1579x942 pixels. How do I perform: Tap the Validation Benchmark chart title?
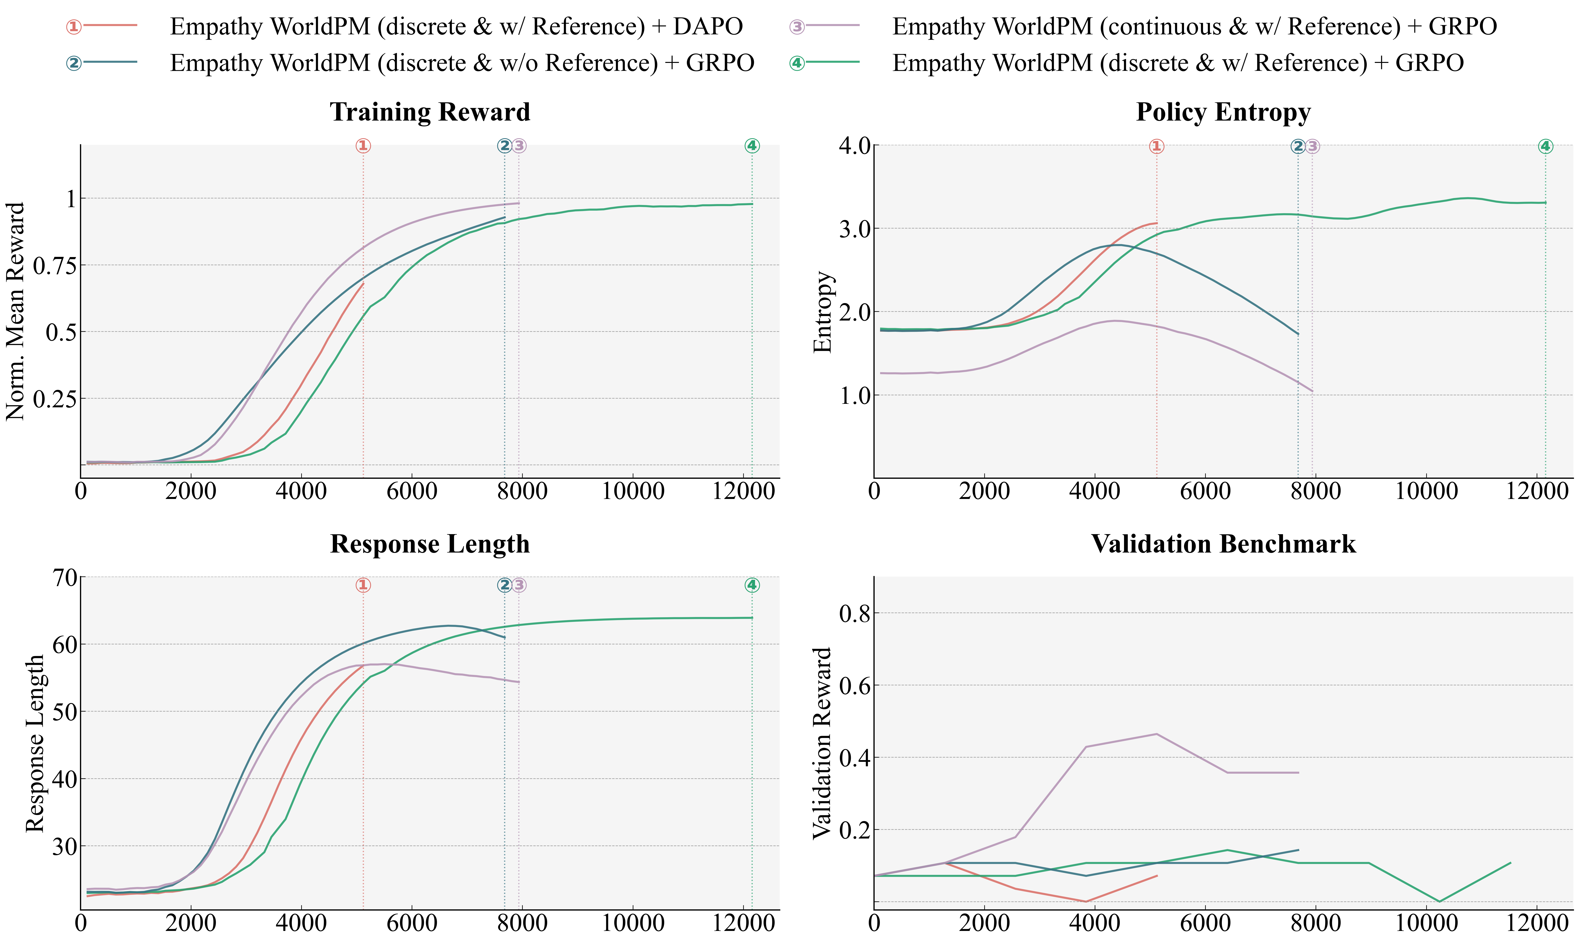coord(1223,544)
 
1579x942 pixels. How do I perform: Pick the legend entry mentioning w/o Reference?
coord(461,63)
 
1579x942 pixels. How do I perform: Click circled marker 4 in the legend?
coord(797,63)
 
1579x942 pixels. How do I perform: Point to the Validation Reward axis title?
coord(822,743)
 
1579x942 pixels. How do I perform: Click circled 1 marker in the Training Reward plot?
coord(363,146)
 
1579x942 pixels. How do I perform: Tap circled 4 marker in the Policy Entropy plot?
coord(1545,147)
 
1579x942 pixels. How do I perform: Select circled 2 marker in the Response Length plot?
coord(504,585)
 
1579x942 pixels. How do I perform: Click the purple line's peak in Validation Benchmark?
coord(1156,734)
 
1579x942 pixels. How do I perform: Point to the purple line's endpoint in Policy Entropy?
coord(1312,392)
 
